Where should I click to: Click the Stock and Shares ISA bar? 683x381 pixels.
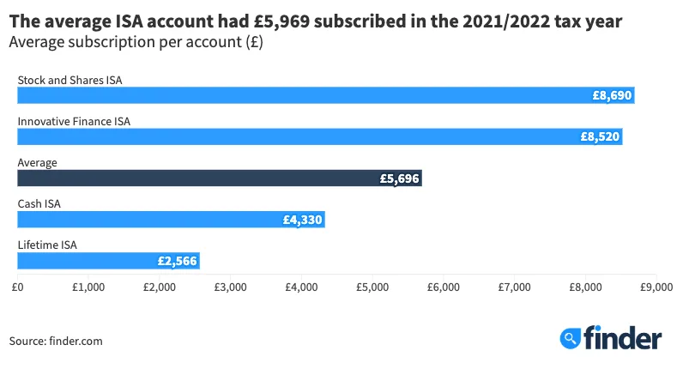(x=325, y=96)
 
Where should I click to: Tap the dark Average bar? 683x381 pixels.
(x=219, y=178)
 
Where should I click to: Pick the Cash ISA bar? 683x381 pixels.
(x=171, y=220)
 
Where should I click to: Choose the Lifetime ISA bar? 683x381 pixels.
(x=108, y=260)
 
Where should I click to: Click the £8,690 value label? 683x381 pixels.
(x=612, y=96)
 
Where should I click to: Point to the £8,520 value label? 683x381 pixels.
(x=600, y=136)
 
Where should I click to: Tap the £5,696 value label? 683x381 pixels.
(x=399, y=178)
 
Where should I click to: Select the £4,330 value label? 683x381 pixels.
(x=302, y=220)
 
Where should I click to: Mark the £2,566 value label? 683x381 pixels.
(x=177, y=260)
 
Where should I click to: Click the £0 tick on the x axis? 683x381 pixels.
(x=17, y=287)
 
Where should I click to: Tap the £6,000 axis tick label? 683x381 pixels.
(x=443, y=287)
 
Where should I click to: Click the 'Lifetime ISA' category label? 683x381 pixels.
(x=47, y=245)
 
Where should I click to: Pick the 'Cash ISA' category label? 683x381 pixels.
(x=39, y=203)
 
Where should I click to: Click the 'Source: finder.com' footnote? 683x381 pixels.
(x=56, y=341)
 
